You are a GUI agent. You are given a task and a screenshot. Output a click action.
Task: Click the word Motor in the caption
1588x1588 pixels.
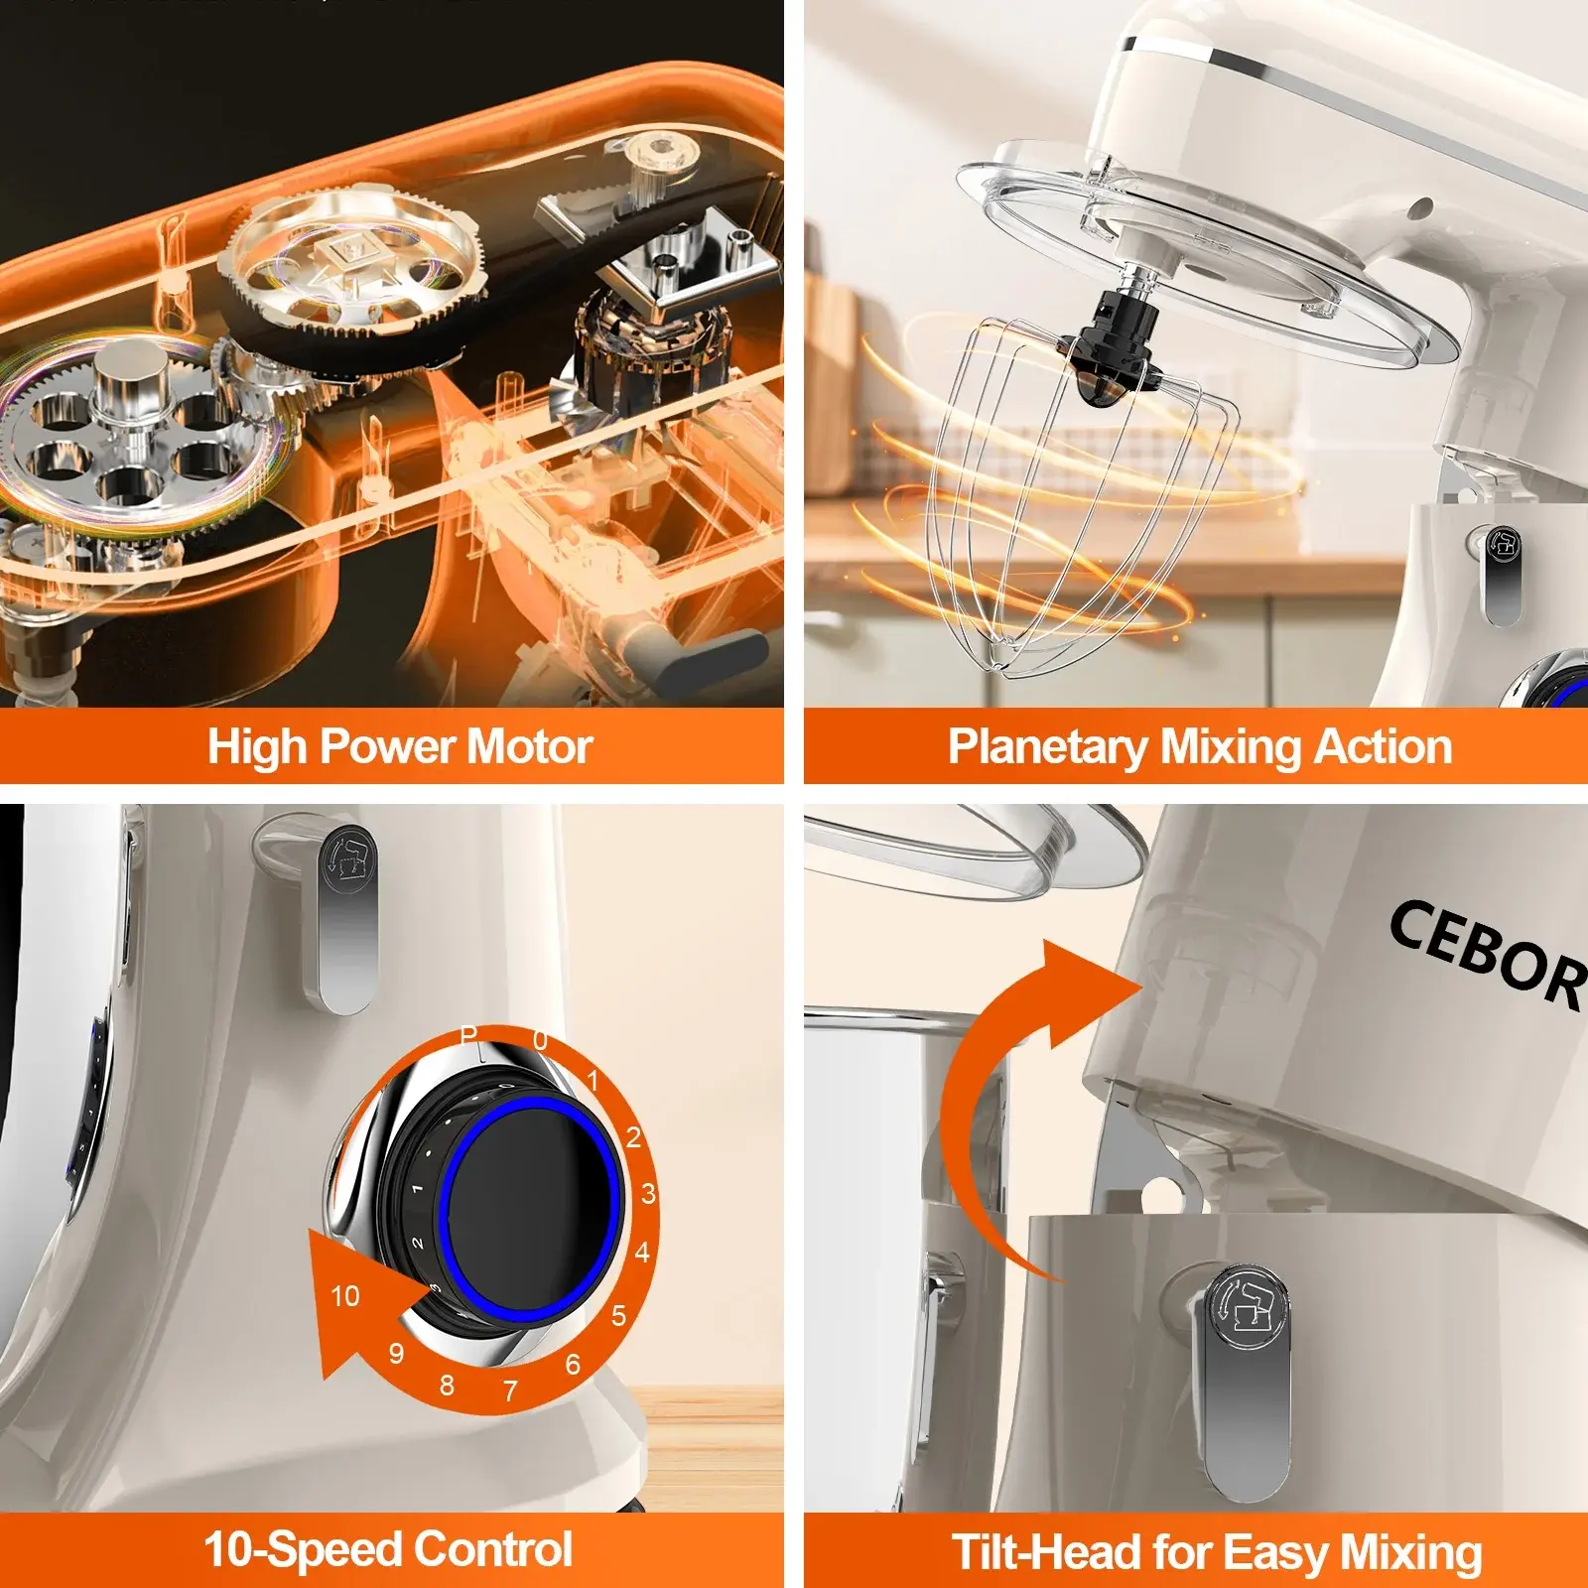(x=529, y=746)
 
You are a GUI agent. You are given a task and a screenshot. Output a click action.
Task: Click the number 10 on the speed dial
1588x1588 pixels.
(x=344, y=1296)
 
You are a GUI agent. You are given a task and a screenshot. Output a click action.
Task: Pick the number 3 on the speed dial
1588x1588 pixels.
(x=648, y=1193)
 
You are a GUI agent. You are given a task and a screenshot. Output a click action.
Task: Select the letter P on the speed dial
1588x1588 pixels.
(x=468, y=1036)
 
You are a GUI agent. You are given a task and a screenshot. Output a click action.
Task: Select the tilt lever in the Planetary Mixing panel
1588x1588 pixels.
(x=1499, y=576)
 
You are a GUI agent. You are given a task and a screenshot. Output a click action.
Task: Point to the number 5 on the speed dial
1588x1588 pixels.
(x=619, y=1316)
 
